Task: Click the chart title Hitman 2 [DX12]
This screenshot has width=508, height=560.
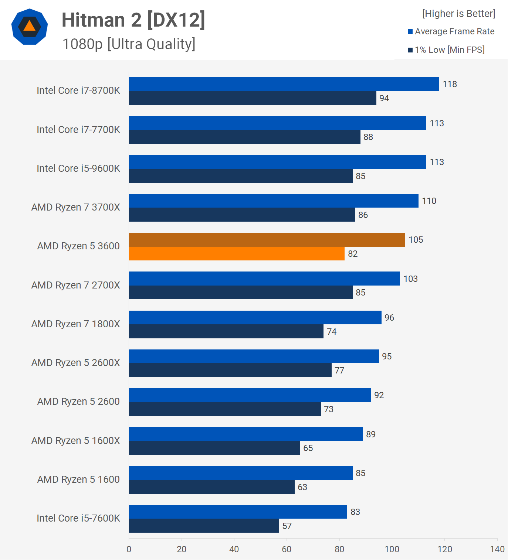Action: pyautogui.click(x=133, y=20)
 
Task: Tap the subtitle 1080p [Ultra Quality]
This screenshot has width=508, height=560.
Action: pyautogui.click(x=129, y=44)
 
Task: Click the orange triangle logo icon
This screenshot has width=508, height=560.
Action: pyautogui.click(x=30, y=27)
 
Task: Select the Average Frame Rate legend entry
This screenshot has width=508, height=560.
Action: pyautogui.click(x=451, y=31)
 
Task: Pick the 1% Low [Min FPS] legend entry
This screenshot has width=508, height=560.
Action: pyautogui.click(x=446, y=50)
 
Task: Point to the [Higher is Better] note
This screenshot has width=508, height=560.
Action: pyautogui.click(x=458, y=14)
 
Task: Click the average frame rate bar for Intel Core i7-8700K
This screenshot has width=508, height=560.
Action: pyautogui.click(x=284, y=84)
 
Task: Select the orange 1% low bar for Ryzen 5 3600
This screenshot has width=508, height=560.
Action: pyautogui.click(x=237, y=254)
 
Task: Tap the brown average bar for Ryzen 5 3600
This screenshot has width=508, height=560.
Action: pyautogui.click(x=267, y=240)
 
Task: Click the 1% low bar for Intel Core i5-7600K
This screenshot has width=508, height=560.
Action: pyautogui.click(x=204, y=526)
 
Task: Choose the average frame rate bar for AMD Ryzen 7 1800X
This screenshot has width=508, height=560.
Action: pyautogui.click(x=255, y=318)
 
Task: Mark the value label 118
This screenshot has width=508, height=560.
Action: pyautogui.click(x=450, y=84)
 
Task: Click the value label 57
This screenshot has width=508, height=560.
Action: pyautogui.click(x=287, y=526)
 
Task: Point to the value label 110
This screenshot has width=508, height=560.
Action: pyautogui.click(x=429, y=201)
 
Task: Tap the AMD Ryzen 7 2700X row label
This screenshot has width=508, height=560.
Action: pyautogui.click(x=76, y=285)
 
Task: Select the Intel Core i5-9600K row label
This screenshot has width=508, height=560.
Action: pyautogui.click(x=78, y=168)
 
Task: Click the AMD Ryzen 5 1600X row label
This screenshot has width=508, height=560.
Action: pyautogui.click(x=76, y=441)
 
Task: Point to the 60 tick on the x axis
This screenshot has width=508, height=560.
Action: pyautogui.click(x=287, y=549)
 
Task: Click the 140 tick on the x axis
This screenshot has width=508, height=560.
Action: pyautogui.click(x=497, y=549)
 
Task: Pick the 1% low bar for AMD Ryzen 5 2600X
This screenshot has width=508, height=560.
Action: pyautogui.click(x=230, y=370)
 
